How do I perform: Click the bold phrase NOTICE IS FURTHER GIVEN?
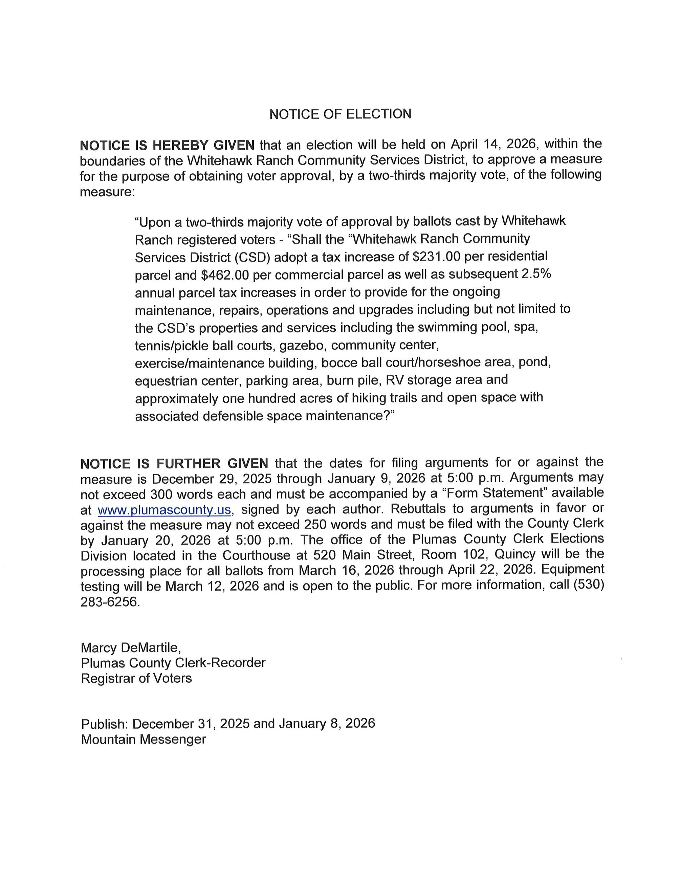pos(174,463)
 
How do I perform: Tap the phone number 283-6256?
pos(110,602)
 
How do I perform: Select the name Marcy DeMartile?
pos(131,647)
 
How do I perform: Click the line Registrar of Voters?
pos(136,678)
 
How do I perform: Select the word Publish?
pos(104,724)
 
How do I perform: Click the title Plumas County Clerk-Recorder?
pos(173,663)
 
